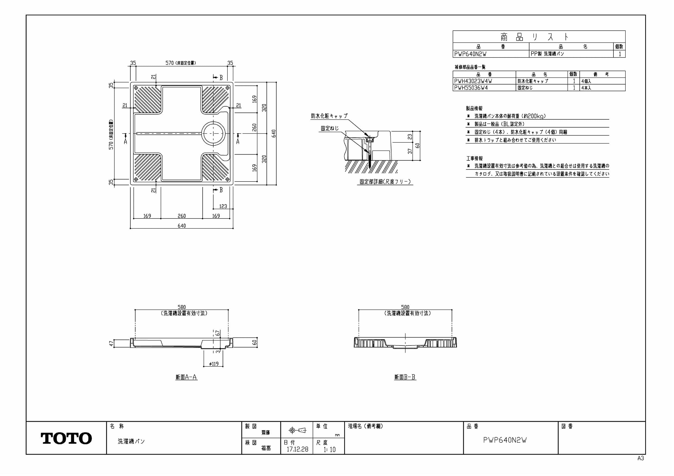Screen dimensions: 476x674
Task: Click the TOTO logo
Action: (66, 438)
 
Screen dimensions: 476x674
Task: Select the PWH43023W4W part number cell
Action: (473, 81)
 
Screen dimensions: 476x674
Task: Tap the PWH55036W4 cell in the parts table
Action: (471, 88)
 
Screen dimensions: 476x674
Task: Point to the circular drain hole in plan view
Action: (213, 134)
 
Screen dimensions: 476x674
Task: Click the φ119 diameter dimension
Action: (214, 364)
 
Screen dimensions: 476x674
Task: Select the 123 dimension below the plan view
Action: (223, 206)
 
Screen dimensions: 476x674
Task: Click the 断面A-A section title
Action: (186, 377)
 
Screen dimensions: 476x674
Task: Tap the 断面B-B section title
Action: (405, 377)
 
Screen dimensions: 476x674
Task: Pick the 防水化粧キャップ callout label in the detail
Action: (329, 116)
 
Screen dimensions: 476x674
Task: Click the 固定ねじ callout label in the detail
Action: (329, 128)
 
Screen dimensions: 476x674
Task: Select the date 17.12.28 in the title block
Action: (297, 449)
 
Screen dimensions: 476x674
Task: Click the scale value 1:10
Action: (329, 450)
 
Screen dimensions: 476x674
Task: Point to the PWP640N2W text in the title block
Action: (505, 440)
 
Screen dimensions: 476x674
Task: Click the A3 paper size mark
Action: (641, 458)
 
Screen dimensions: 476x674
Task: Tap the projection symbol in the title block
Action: (297, 430)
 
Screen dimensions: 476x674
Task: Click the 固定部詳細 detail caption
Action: (385, 182)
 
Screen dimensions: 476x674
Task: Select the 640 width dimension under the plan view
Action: (182, 226)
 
